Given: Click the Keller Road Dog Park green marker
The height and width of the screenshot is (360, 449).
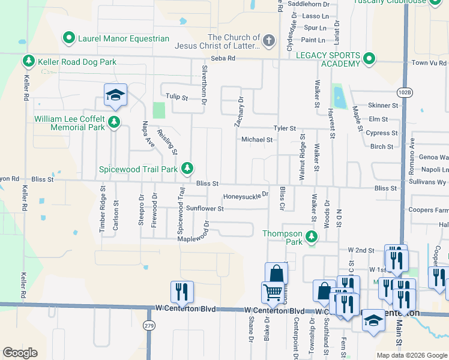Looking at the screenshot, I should [x=28, y=61].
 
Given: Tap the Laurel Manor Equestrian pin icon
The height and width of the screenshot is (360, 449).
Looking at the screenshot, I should [x=68, y=39].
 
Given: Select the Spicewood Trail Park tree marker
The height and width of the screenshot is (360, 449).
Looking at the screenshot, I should [x=188, y=169].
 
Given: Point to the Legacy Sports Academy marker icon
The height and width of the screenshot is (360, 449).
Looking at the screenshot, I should [x=369, y=59].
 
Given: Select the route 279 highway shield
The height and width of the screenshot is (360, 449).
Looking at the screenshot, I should [x=149, y=325].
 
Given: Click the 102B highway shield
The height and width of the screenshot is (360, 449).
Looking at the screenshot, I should [x=405, y=92].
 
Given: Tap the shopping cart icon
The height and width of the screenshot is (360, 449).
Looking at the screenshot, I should [x=273, y=293].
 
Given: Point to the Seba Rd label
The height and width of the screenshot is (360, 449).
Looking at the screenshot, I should [x=227, y=58].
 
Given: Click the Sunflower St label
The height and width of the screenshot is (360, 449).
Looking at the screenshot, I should [x=205, y=209].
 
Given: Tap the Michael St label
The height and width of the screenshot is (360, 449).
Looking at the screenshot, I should [x=257, y=139].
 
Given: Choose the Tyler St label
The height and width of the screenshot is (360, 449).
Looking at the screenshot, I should [x=285, y=128].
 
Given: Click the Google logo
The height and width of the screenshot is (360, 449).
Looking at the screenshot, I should [x=20, y=353].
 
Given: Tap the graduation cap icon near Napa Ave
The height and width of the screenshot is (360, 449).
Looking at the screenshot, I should [x=115, y=95].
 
